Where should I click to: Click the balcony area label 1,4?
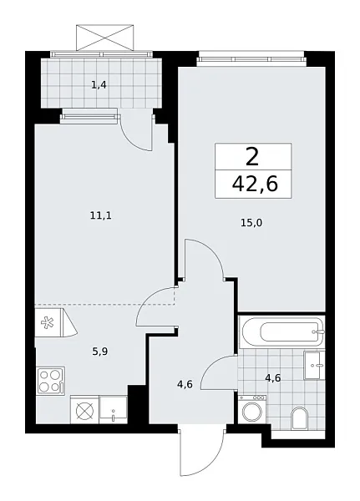pyautogui.click(x=99, y=83)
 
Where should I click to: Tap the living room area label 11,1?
pyautogui.click(x=100, y=215)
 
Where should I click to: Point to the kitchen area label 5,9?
pyautogui.click(x=100, y=352)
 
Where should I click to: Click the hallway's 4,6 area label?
pyautogui.click(x=185, y=384)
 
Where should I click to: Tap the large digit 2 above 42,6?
pyautogui.click(x=253, y=155)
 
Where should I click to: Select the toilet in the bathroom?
pyautogui.click(x=300, y=417)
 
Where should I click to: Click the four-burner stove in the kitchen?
pyautogui.click(x=50, y=381)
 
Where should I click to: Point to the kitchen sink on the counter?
pyautogui.click(x=113, y=408)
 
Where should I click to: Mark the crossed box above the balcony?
pyautogui.click(x=105, y=38)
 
